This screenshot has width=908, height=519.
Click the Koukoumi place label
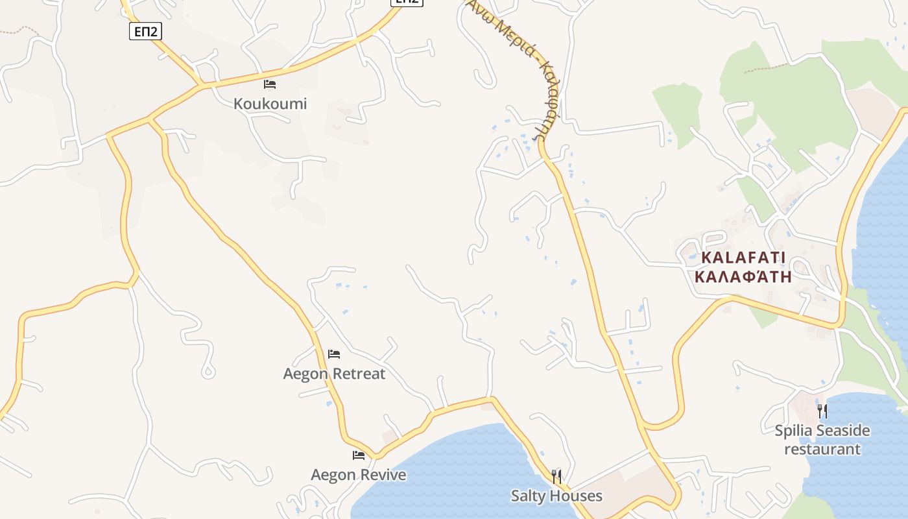270,104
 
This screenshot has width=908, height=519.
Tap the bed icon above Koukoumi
270,84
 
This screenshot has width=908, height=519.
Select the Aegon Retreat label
334,374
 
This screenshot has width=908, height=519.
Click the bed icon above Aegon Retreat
334,354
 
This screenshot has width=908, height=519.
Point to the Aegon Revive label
358,475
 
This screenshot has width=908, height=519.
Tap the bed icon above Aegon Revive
359,455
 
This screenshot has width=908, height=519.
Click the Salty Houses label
556,496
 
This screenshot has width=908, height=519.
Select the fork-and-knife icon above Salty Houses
556,477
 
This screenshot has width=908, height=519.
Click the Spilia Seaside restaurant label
822,440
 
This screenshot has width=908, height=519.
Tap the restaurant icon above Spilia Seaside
822,411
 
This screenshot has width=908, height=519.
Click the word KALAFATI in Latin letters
739,258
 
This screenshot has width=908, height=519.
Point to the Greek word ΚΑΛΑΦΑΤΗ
743,277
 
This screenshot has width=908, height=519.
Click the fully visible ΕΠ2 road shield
145,32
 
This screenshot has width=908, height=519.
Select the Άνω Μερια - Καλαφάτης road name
512,65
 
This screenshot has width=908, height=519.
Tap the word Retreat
359,374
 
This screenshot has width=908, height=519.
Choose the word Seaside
843,431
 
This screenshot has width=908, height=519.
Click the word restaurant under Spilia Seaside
822,449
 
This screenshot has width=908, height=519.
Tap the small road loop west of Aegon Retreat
208,372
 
